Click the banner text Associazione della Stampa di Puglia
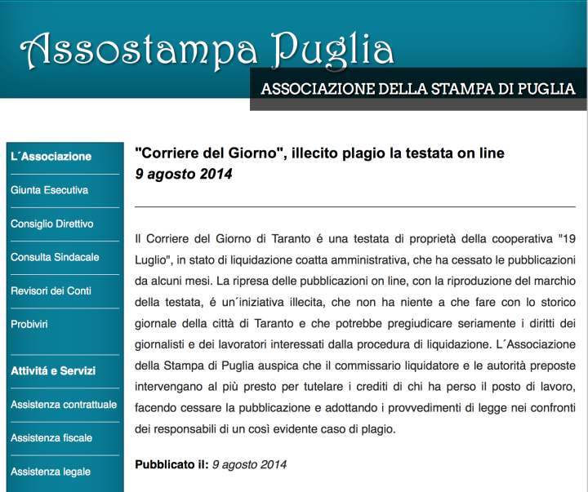(x=417, y=89)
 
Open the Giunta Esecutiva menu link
(x=49, y=190)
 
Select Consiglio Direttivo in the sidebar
(x=51, y=224)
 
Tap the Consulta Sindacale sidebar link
(x=55, y=257)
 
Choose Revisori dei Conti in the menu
(x=51, y=290)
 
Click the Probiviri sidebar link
(x=29, y=324)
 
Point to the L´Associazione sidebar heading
(x=51, y=157)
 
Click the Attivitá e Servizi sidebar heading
(x=53, y=370)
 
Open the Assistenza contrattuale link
(x=64, y=405)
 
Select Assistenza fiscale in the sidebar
(x=51, y=438)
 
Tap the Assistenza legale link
(x=51, y=472)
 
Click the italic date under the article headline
(x=184, y=174)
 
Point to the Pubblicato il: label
(x=171, y=464)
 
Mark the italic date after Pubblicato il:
(x=249, y=464)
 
